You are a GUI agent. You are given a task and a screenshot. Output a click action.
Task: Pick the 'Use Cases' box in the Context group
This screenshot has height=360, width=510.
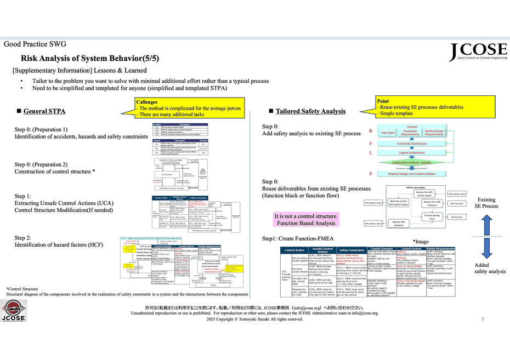tap(388, 133)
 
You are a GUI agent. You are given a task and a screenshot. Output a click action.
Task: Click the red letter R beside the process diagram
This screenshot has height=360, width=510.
tap(371, 132)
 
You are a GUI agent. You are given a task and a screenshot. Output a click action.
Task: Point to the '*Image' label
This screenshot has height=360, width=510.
tap(421, 241)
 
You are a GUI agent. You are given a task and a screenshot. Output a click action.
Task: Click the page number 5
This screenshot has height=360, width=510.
tap(483, 319)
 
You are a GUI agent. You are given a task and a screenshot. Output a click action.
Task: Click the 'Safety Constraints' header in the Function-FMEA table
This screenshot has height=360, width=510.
tap(352, 250)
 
